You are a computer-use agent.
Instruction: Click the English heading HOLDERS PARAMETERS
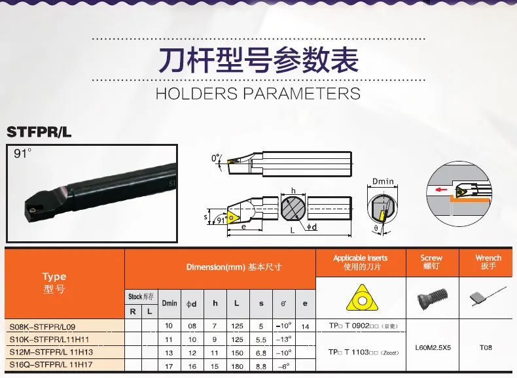pyautogui.click(x=258, y=93)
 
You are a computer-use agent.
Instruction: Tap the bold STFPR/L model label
pyautogui.click(x=39, y=132)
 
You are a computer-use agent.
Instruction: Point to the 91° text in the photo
pyautogui.click(x=24, y=154)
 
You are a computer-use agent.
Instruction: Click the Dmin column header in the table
pyautogui.click(x=169, y=303)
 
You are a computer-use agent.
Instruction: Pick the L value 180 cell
pyautogui.click(x=236, y=366)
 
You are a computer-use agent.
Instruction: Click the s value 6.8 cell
pyautogui.click(x=261, y=352)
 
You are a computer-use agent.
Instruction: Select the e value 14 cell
pyautogui.click(x=304, y=326)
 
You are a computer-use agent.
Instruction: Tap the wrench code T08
pyautogui.click(x=486, y=347)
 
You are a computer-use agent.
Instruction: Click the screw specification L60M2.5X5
pyautogui.click(x=432, y=347)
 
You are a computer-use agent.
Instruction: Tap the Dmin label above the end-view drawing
pyautogui.click(x=382, y=180)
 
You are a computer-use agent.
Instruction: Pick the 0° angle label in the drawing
pyautogui.click(x=216, y=158)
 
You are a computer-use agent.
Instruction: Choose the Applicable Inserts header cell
pyautogui.click(x=360, y=262)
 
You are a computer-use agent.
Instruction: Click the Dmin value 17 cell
pyautogui.click(x=169, y=366)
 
